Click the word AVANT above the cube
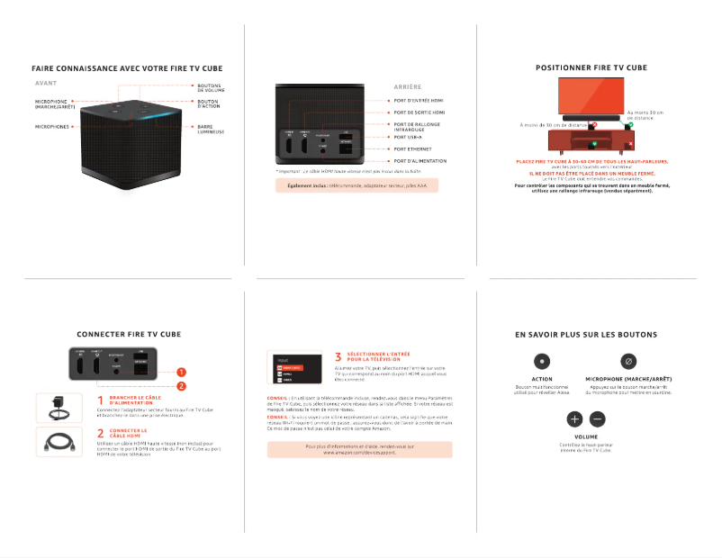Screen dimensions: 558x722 tap(46, 84)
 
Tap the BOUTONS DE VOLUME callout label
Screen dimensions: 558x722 tap(212, 88)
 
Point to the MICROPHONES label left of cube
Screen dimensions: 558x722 tap(51, 127)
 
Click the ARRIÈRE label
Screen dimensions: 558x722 tap(408, 86)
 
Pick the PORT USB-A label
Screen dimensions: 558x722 tap(408, 138)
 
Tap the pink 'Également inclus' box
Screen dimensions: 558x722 tap(356, 185)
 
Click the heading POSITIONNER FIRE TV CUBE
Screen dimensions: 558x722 tap(591, 67)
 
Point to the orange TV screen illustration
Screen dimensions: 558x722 tap(591, 94)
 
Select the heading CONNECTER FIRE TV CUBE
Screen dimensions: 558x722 tap(129, 334)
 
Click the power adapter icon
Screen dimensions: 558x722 tap(61, 408)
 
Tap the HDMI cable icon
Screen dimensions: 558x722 tap(61, 442)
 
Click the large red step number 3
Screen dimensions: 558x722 tap(338, 357)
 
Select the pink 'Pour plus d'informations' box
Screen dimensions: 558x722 tap(359, 449)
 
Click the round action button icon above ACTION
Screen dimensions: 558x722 tap(542, 361)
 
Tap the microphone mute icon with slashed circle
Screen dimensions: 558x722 tap(628, 361)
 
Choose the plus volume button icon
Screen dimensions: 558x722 tap(574, 419)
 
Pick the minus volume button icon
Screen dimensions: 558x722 tap(598, 419)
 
